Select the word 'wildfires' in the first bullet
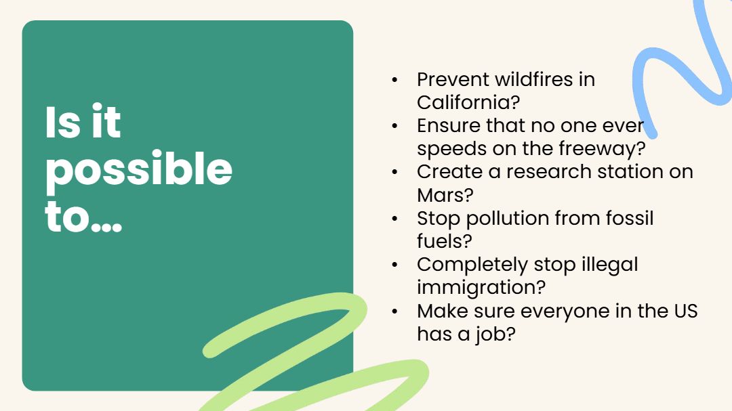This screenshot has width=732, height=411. (534, 79)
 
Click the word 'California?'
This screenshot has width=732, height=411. (468, 102)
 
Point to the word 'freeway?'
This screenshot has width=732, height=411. (603, 149)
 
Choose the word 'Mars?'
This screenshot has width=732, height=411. (445, 194)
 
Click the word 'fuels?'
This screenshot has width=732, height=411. (445, 241)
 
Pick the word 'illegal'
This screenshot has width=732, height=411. (609, 265)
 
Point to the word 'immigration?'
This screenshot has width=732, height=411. (481, 288)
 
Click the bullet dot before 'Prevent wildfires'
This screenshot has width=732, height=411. (395, 80)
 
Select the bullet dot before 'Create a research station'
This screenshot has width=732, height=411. (395, 172)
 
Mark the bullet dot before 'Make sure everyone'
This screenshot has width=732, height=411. (395, 311)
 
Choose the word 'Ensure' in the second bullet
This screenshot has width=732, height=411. (449, 125)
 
